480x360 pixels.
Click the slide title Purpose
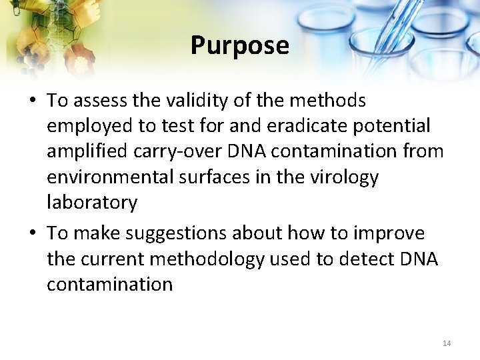coord(240,45)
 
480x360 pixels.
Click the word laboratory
coord(92,203)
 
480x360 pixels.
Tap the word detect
coord(367,259)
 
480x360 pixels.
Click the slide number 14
coord(447,343)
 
